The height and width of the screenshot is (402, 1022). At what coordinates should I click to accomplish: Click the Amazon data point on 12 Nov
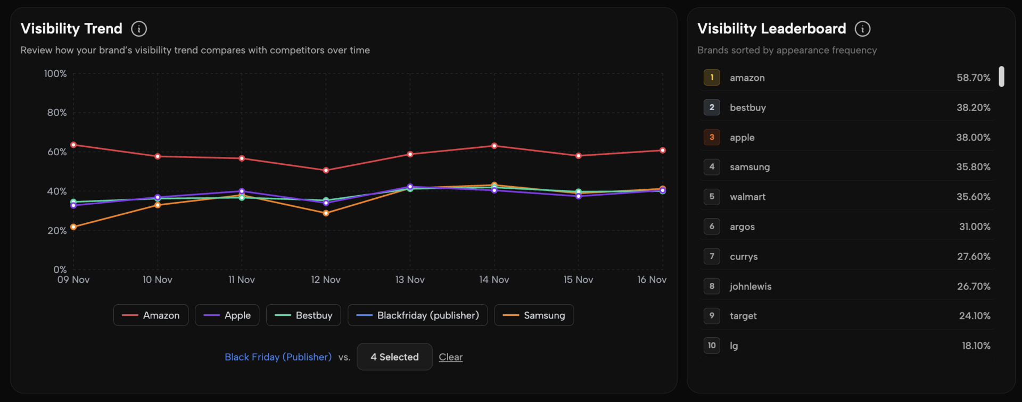pyautogui.click(x=326, y=170)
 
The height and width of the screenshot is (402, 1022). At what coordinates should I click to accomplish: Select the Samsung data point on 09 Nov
pyautogui.click(x=73, y=227)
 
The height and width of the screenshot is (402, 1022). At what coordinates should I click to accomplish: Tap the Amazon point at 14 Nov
pyautogui.click(x=494, y=146)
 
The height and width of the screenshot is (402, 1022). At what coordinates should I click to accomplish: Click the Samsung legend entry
pyautogui.click(x=534, y=315)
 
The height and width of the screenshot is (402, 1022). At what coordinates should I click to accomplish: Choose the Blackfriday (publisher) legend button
pyautogui.click(x=417, y=315)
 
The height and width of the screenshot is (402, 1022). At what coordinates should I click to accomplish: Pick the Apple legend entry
pyautogui.click(x=227, y=315)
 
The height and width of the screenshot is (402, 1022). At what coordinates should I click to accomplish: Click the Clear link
pyautogui.click(x=450, y=357)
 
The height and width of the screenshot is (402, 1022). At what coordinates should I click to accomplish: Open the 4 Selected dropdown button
pyautogui.click(x=394, y=357)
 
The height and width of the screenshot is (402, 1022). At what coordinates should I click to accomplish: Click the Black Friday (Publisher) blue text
pyautogui.click(x=278, y=357)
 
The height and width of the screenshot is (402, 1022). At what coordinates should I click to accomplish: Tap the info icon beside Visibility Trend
pyautogui.click(x=139, y=29)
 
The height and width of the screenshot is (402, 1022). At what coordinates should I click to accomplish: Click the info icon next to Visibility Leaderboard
pyautogui.click(x=862, y=29)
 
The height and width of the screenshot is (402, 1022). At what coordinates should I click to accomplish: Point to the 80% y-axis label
pyautogui.click(x=57, y=113)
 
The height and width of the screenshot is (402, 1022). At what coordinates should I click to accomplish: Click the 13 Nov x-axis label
pyautogui.click(x=410, y=280)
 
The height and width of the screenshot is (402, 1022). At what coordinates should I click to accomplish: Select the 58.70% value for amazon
pyautogui.click(x=973, y=78)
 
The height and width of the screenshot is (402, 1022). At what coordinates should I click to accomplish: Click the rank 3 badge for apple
pyautogui.click(x=712, y=137)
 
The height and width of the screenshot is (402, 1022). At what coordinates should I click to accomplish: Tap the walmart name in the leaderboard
pyautogui.click(x=747, y=197)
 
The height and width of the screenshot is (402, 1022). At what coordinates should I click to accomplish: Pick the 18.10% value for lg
pyautogui.click(x=976, y=346)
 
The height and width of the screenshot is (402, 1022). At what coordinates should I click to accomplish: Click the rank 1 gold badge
pyautogui.click(x=712, y=78)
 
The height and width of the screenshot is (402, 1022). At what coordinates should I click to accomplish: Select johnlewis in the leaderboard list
pyautogui.click(x=750, y=286)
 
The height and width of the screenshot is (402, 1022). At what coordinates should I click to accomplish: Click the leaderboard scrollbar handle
pyautogui.click(x=1001, y=77)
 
